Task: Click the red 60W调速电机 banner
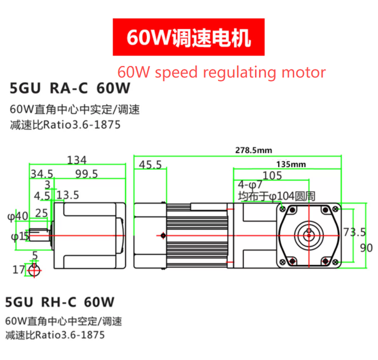(x=188, y=38)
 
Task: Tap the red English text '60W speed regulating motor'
(x=221, y=72)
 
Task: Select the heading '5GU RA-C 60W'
(x=70, y=89)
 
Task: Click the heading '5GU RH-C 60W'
(x=59, y=302)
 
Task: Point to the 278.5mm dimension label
(x=253, y=150)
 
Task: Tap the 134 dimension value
(x=77, y=160)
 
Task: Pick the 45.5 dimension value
(x=150, y=165)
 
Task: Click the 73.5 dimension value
(x=354, y=232)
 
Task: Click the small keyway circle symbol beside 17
(x=34, y=270)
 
